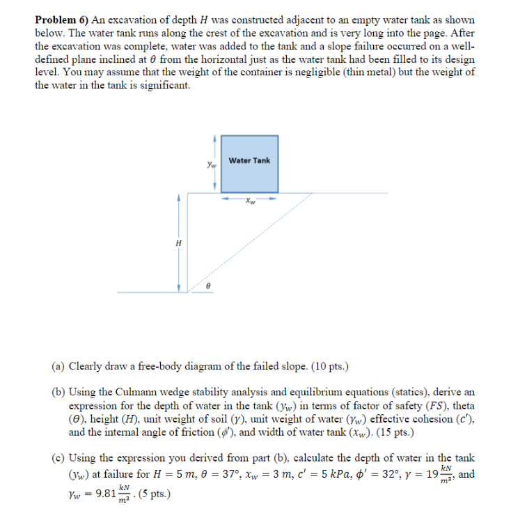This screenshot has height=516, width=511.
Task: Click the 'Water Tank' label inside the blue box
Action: tap(249, 161)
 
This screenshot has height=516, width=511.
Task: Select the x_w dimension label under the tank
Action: tap(250, 203)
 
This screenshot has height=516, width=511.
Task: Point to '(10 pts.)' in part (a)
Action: tap(327, 365)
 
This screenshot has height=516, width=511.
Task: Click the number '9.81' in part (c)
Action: tap(104, 496)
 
